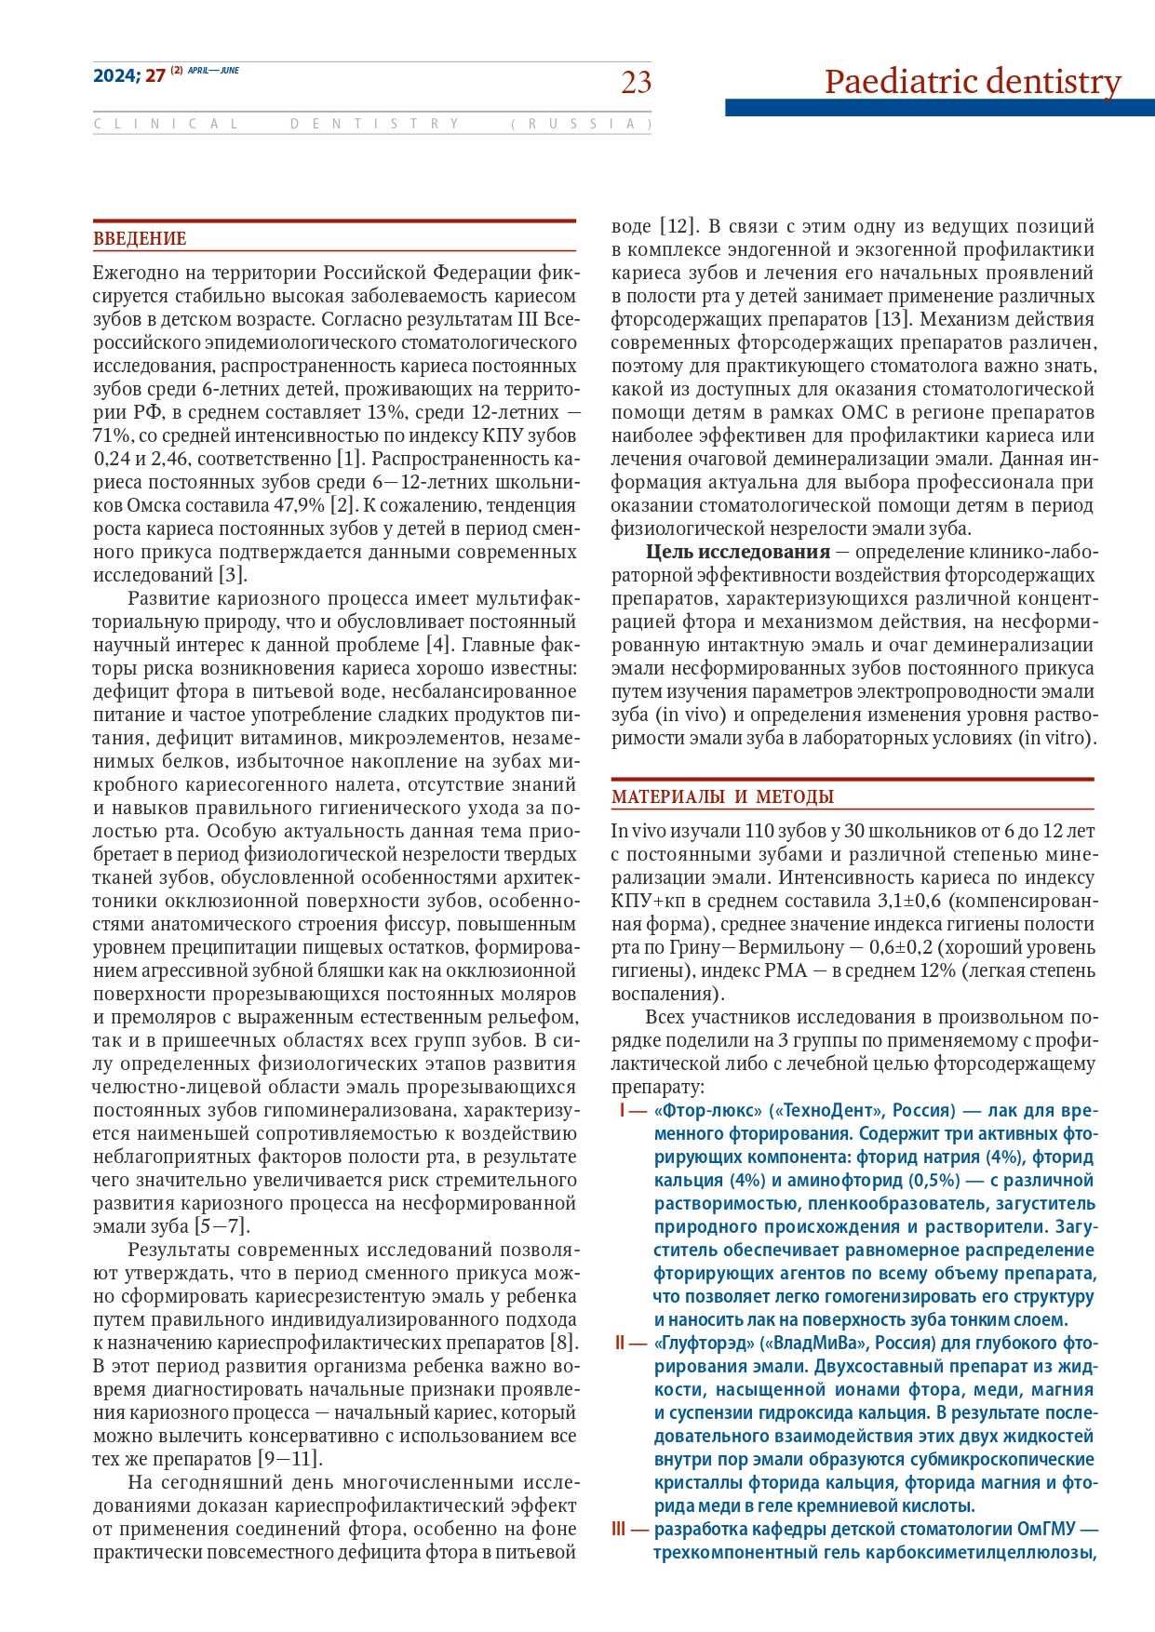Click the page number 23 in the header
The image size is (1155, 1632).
tap(637, 83)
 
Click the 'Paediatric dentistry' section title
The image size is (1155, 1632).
tap(973, 82)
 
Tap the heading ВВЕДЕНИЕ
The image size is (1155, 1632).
tap(140, 239)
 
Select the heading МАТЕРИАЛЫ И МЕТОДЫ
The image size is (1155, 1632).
tap(722, 796)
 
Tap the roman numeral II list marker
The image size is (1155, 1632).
tap(621, 1343)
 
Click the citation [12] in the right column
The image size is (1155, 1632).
tap(678, 226)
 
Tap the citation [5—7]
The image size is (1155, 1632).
tap(222, 1226)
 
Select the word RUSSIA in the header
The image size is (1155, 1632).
tap(582, 124)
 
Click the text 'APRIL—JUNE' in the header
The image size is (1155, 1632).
tap(213, 71)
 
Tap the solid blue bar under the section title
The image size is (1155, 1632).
tap(939, 108)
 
